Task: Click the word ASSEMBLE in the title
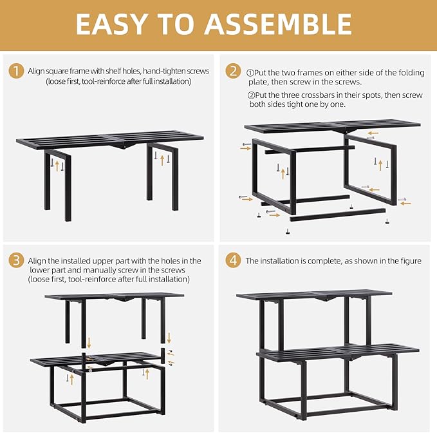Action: pos(279,24)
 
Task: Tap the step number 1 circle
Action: pos(16,71)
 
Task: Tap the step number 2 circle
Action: pos(234,71)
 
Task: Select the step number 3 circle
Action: pos(16,261)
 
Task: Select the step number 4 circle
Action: pos(234,261)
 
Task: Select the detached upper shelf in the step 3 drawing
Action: pos(114,296)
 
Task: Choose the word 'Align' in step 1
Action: pos(38,71)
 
